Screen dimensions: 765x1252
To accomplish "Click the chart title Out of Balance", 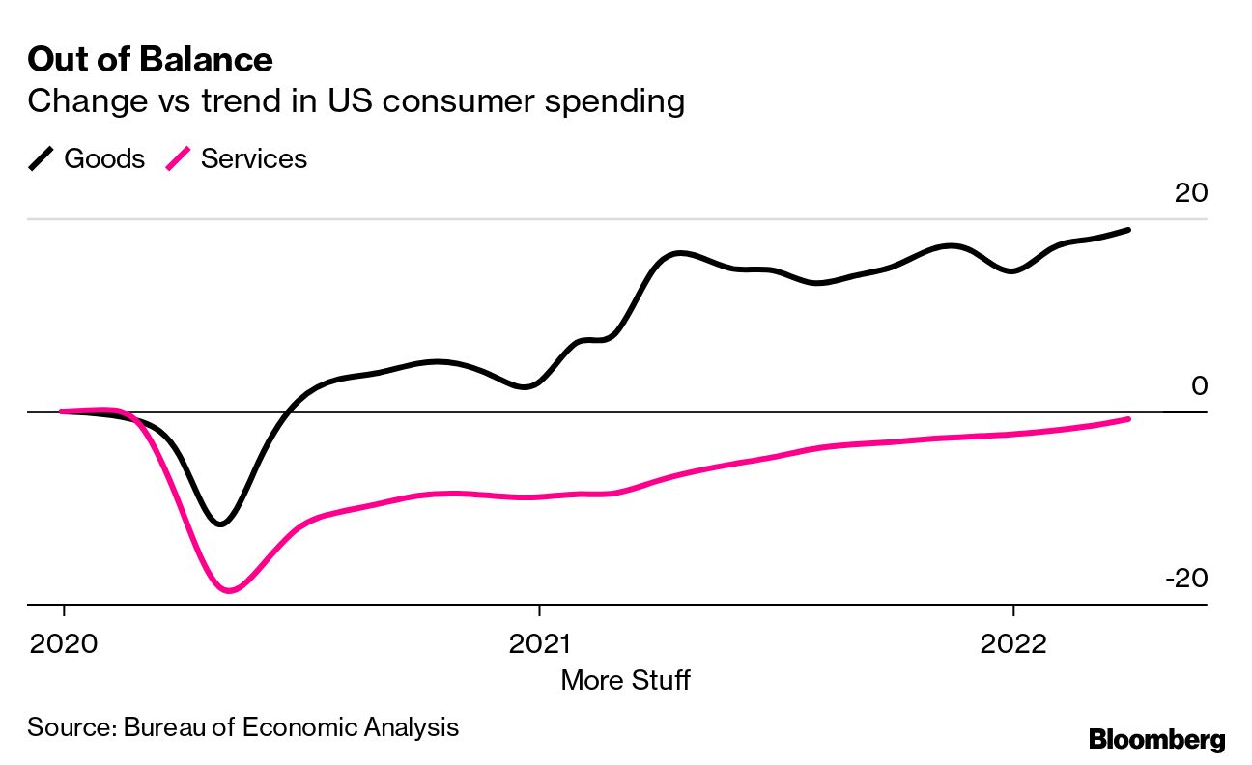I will coord(150,60).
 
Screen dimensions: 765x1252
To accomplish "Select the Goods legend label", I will coord(104,159).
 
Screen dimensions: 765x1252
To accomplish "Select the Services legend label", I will coord(254,159).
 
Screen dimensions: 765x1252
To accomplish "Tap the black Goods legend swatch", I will coord(42,159).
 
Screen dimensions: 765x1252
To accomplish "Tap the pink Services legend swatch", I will coord(179,159).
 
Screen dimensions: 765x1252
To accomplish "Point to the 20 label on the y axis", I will coord(1190,193).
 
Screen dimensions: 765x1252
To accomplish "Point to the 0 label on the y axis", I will coord(1199,386).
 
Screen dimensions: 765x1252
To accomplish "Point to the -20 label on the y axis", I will coord(1186,579).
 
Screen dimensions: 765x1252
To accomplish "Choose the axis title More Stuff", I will coord(625,680).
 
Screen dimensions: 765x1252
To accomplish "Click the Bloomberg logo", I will coord(1156,740).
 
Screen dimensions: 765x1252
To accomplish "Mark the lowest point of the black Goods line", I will coord(221,524).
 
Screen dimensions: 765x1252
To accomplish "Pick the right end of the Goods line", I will coord(1128,230).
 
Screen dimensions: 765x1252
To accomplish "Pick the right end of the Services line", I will coord(1128,419).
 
